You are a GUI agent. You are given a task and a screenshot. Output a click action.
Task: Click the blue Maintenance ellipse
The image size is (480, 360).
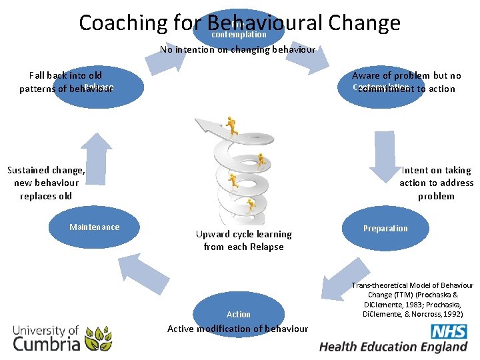94,227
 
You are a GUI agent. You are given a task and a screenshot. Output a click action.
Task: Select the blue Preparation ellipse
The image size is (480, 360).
385,228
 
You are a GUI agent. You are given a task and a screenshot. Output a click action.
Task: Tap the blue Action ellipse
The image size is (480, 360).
238,313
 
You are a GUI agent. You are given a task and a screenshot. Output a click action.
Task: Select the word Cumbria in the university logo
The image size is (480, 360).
47,344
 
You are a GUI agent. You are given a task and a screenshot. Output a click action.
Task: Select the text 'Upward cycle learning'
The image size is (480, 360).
243,234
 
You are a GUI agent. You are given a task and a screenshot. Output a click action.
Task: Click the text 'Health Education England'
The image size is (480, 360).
393,347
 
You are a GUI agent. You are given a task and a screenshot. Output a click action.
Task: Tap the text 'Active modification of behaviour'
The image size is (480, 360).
237,329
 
